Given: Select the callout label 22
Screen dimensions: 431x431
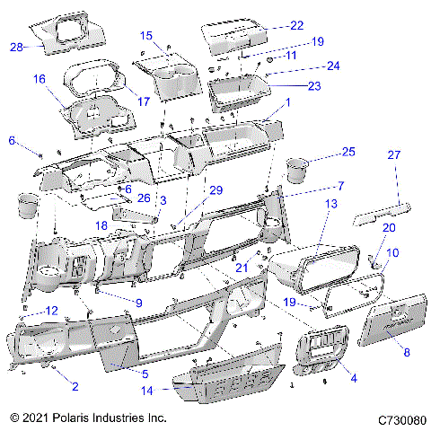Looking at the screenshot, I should pyautogui.click(x=296, y=25).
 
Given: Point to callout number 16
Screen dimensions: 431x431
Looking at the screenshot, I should pyautogui.click(x=40, y=79).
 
